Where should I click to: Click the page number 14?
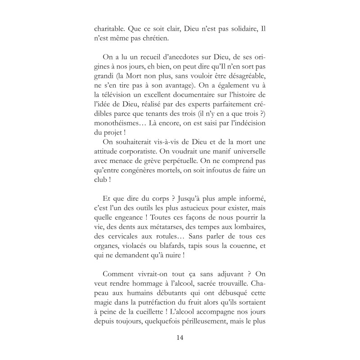[x=180, y=337]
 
